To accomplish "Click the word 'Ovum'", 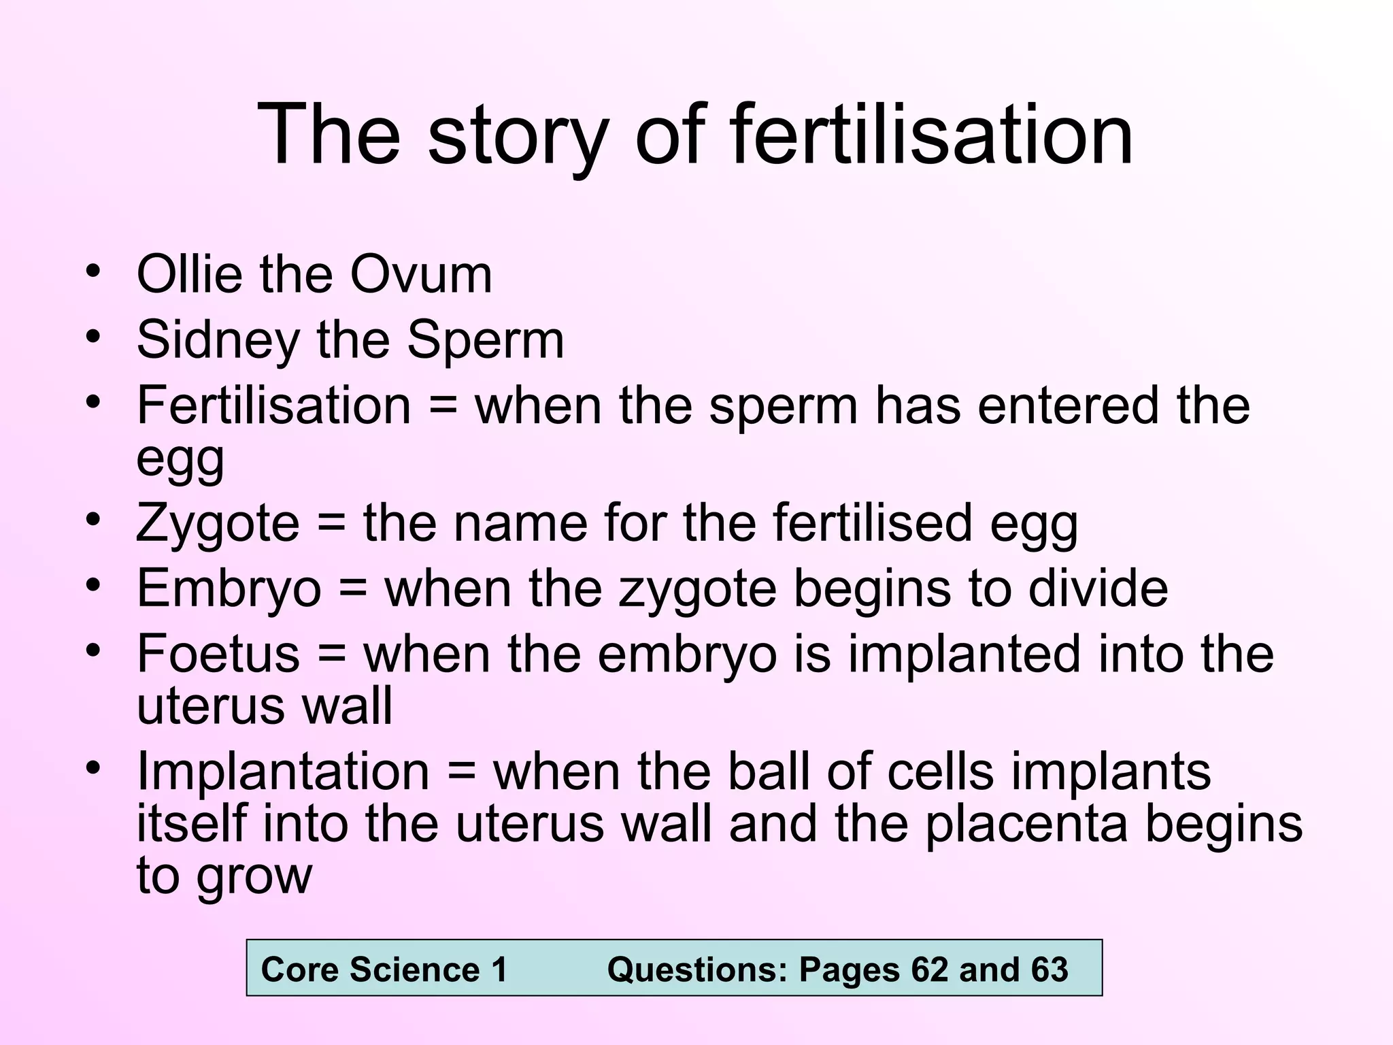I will pyautogui.click(x=421, y=274).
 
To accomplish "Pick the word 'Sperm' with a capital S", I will pyautogui.click(x=486, y=340).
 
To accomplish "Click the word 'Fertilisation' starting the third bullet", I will pyautogui.click(x=273, y=405).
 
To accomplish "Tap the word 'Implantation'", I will pyautogui.click(x=283, y=772).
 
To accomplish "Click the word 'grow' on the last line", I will pyautogui.click(x=254, y=876).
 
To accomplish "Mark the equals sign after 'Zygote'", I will pyautogui.click(x=331, y=524).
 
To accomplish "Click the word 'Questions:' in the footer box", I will pyautogui.click(x=696, y=969).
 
